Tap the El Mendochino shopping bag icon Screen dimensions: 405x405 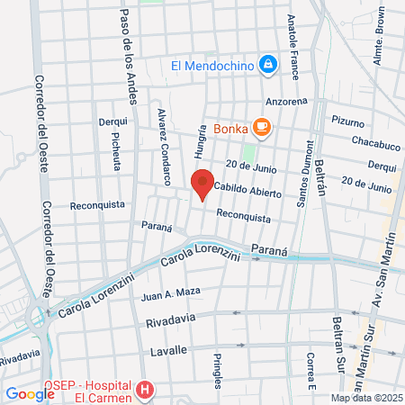click(x=267, y=65)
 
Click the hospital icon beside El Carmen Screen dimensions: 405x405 click(x=145, y=391)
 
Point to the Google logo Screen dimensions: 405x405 click(x=30, y=393)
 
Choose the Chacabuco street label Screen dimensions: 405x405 click(x=371, y=145)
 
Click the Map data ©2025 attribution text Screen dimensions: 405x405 click(x=365, y=398)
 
